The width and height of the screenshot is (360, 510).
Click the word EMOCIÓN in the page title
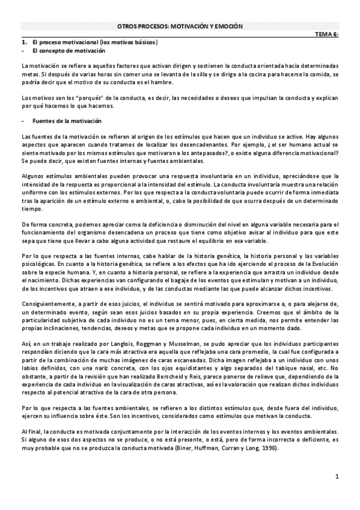pos(230,26)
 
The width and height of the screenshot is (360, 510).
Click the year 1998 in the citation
pos(266,449)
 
